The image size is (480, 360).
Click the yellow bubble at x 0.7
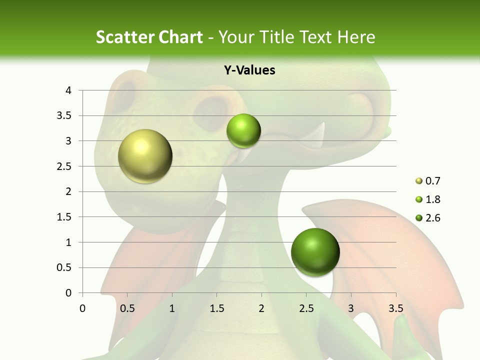[145, 156]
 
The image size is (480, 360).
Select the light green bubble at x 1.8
[243, 131]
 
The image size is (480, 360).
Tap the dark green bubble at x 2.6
[315, 252]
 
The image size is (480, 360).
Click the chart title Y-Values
[249, 70]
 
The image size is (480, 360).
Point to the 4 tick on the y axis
[69, 90]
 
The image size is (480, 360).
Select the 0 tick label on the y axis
[69, 293]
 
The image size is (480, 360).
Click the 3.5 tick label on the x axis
[395, 308]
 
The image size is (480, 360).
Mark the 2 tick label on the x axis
[261, 308]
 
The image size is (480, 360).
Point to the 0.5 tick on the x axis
[127, 308]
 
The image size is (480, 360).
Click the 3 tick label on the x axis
[351, 308]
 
